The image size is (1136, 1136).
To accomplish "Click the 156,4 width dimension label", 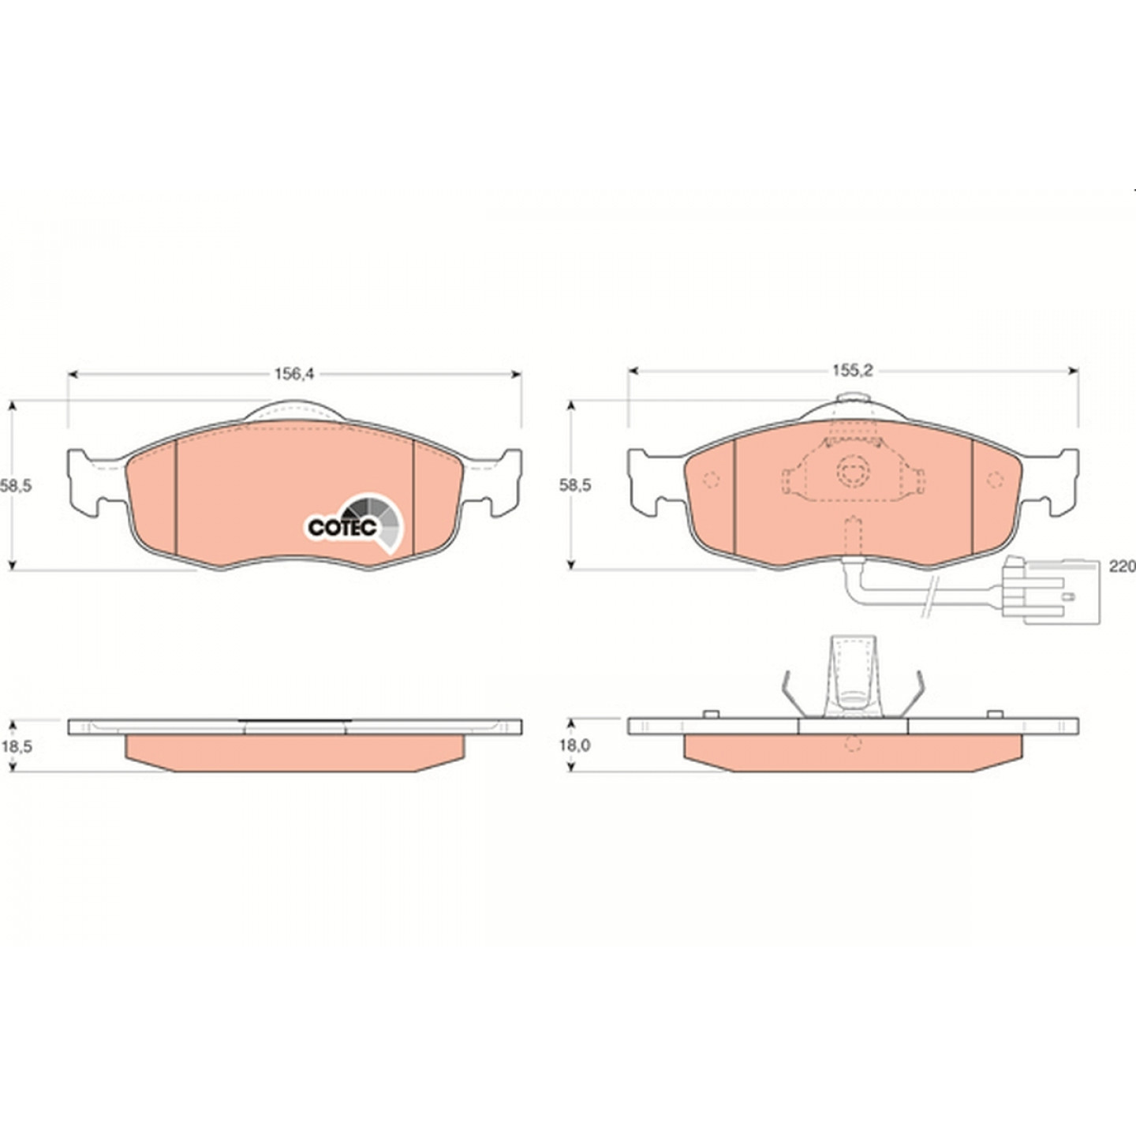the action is pos(294,374).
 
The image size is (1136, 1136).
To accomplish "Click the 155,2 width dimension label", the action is pos(853,371).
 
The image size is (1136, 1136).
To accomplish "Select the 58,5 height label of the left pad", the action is pos(16,486).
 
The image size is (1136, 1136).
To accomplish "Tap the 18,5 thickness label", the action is pos(16,746).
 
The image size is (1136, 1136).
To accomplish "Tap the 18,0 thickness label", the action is pos(574,745).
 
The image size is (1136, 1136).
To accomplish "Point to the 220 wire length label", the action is pos(1122,567).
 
